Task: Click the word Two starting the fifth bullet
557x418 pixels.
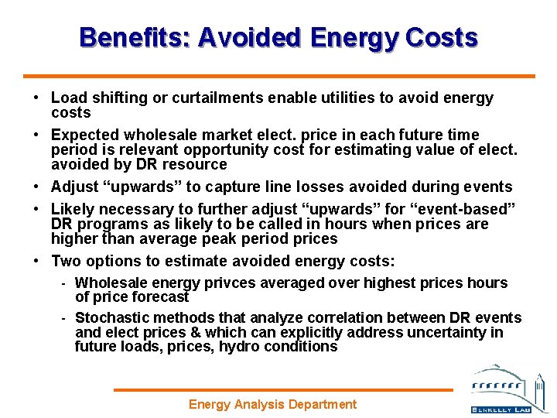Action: click(65, 261)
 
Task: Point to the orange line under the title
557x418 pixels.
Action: click(278, 76)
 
